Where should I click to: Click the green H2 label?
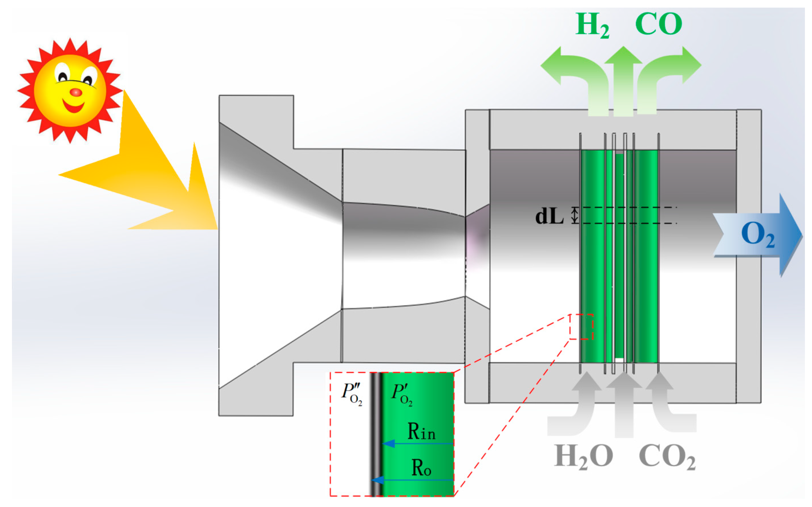(592, 25)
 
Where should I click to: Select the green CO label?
(658, 24)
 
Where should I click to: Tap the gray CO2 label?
(667, 457)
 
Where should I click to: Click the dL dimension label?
(549, 216)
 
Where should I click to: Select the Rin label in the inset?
(422, 432)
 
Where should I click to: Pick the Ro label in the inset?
(421, 468)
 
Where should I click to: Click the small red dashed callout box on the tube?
(581, 326)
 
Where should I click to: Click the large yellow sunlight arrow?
(151, 174)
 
